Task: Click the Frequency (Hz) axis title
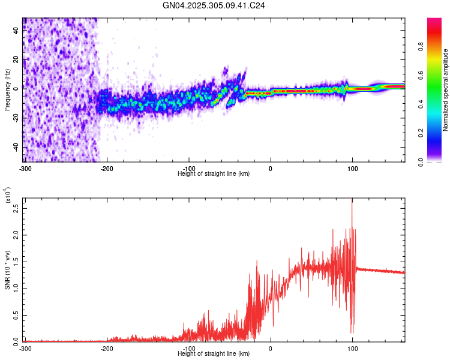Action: (7, 90)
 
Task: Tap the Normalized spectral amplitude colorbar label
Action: (445, 90)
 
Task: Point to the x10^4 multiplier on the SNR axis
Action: (7, 196)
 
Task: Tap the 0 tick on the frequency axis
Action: (16, 88)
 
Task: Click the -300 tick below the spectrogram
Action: (24, 167)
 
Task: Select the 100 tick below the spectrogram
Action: (352, 167)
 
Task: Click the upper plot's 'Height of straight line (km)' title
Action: (214, 173)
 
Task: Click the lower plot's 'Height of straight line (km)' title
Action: (214, 353)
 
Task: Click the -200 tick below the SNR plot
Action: (107, 348)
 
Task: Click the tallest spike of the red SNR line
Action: (352, 200)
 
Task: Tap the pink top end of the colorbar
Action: (434, 20)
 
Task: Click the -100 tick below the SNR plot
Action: (189, 348)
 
